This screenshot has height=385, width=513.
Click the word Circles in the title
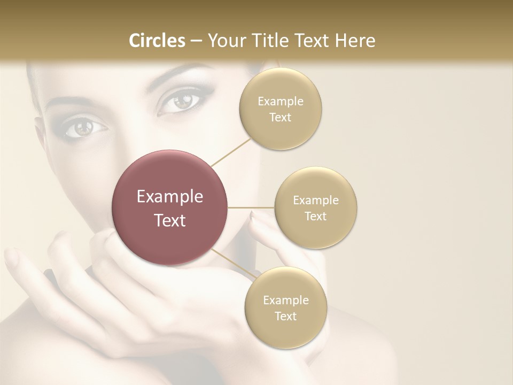(157, 41)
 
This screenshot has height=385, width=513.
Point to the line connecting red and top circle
(231, 151)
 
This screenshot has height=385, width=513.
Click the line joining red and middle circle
(251, 207)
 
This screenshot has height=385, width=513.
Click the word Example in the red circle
(169, 197)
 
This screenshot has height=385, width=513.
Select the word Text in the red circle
(169, 220)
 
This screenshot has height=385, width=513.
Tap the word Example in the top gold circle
(280, 102)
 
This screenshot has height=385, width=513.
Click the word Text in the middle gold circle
(315, 217)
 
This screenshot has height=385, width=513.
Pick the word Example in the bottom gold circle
(285, 301)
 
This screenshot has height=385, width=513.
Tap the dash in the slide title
(196, 41)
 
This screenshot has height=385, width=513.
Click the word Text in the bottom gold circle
(285, 317)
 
